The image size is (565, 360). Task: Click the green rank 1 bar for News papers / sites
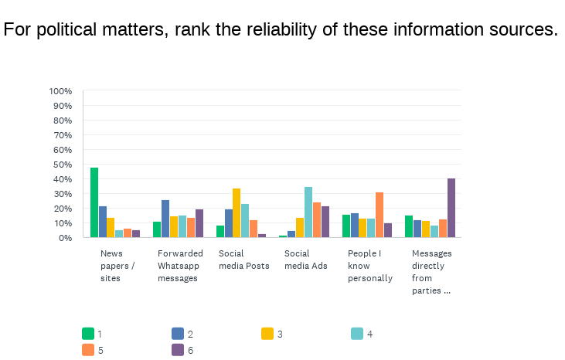(x=94, y=202)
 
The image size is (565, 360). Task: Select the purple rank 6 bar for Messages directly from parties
(x=451, y=208)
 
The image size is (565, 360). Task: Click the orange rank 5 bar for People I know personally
(x=380, y=215)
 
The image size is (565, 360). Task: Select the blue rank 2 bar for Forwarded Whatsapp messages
(x=165, y=219)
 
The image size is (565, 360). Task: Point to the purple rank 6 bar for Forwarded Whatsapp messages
(x=199, y=223)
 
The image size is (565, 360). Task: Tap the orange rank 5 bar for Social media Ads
(x=317, y=219)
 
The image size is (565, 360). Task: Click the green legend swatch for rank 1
(x=88, y=334)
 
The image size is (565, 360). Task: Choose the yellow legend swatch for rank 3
(x=267, y=334)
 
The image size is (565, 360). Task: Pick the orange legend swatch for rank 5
(x=88, y=350)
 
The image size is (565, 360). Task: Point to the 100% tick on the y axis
(x=60, y=91)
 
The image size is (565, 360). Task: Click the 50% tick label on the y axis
(x=62, y=165)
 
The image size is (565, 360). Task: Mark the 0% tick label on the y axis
(x=65, y=238)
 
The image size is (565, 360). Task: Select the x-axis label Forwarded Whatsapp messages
(x=179, y=266)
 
